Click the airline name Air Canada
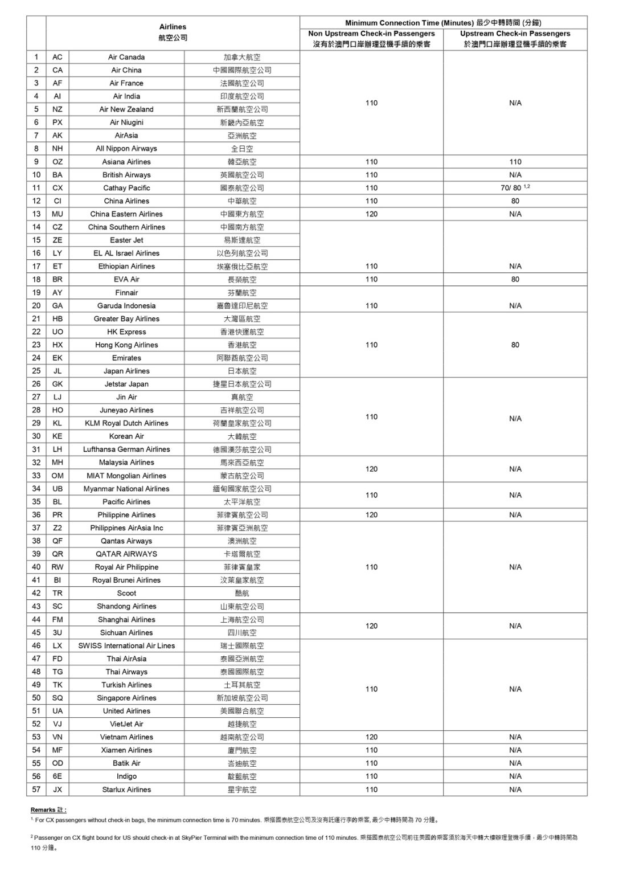point(126,57)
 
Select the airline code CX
point(58,188)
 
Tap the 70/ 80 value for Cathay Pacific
point(510,188)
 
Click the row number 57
point(36,790)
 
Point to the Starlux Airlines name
point(126,790)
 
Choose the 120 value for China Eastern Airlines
point(371,214)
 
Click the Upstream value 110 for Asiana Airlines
point(515,162)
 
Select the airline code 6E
point(58,776)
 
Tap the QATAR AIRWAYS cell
point(126,554)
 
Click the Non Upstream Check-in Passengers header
point(371,34)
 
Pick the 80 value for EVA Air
point(515,279)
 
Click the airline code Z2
point(58,528)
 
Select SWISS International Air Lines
point(126,645)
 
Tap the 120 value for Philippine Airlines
point(371,515)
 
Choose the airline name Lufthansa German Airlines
point(126,449)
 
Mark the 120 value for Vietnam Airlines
point(371,737)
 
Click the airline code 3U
point(58,632)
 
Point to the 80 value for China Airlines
point(515,201)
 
